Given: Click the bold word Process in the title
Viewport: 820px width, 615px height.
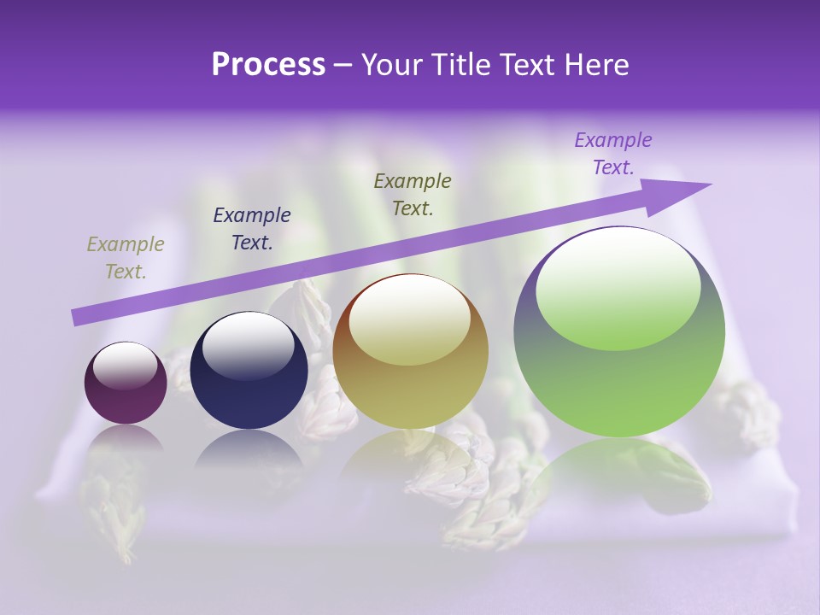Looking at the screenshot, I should [268, 65].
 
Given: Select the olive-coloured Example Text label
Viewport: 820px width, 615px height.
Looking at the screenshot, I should [126, 258].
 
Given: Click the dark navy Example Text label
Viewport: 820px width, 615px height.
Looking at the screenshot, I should [252, 229].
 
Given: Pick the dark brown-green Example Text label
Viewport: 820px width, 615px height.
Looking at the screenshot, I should [413, 194].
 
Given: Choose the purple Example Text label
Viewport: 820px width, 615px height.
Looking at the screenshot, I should [613, 154].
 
